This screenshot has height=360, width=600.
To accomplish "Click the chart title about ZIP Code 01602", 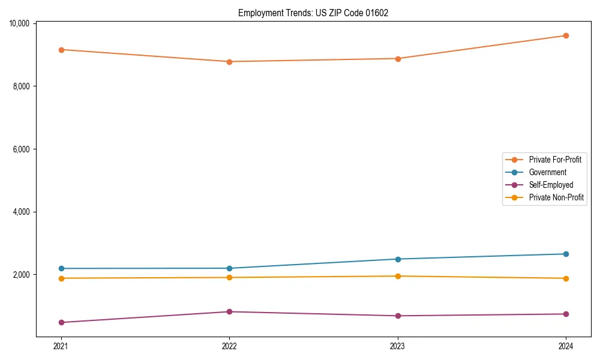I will click(313, 13).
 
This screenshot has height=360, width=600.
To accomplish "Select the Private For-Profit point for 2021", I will click(61, 50).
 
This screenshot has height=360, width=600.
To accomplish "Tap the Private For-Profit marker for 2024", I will click(566, 35).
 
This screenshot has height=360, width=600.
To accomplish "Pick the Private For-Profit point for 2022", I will click(229, 62).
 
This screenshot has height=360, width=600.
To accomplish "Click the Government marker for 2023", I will click(398, 259).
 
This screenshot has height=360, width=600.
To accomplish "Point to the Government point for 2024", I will click(566, 254).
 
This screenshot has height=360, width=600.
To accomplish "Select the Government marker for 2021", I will click(61, 268).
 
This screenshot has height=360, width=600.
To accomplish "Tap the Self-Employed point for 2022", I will click(229, 311).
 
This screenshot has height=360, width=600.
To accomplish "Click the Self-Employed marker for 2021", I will click(61, 322).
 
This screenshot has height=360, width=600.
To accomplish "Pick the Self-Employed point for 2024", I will click(566, 314).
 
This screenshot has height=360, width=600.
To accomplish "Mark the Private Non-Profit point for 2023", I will click(398, 276).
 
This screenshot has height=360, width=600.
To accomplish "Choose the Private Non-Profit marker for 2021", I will click(61, 278).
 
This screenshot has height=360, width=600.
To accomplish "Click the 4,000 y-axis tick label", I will click(21, 212).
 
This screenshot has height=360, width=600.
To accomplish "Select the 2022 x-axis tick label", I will click(229, 346).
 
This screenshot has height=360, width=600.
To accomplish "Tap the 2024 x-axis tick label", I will click(566, 346).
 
